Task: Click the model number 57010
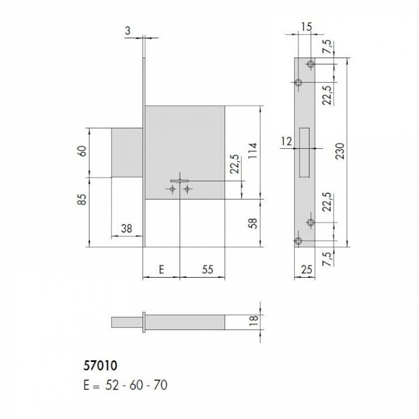(100, 366)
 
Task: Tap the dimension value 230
(340, 151)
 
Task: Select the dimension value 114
(253, 151)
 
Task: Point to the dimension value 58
(253, 223)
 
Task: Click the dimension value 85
(83, 199)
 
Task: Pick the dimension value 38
(126, 228)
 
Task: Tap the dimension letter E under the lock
(161, 270)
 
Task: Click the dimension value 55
(207, 270)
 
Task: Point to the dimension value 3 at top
(128, 31)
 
